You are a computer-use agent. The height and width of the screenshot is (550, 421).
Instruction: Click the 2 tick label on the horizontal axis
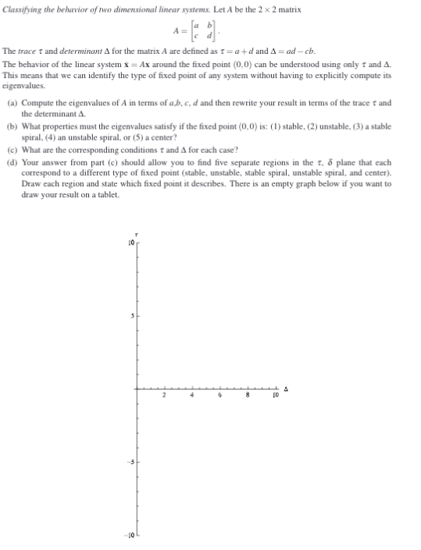point(164,395)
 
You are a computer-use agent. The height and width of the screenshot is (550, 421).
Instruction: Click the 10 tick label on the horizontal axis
point(275,395)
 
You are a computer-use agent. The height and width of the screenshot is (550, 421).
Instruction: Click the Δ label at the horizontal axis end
point(287,388)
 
